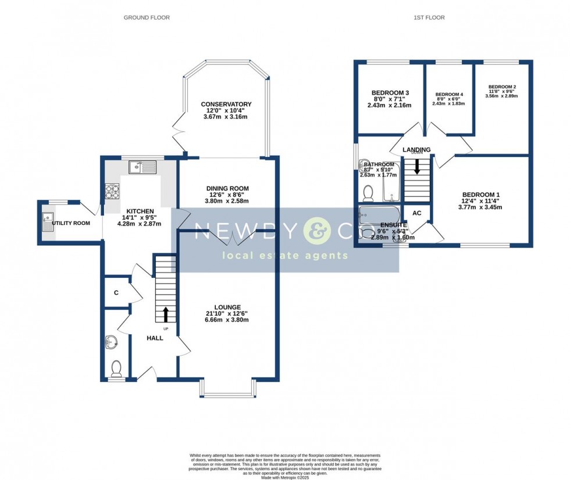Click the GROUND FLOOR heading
pos(147,17)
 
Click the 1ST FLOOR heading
pos(429,17)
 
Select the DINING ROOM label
pos(227,188)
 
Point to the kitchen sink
pos(142,167)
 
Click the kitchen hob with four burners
pos(111,191)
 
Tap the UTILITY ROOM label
pos(71,223)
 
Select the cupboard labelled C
pos(116,293)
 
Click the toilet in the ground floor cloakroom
pos(116,367)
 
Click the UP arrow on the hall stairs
pos(166,314)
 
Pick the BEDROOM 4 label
pos(448,94)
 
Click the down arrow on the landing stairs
pos(416,167)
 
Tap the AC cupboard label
pos(416,213)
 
